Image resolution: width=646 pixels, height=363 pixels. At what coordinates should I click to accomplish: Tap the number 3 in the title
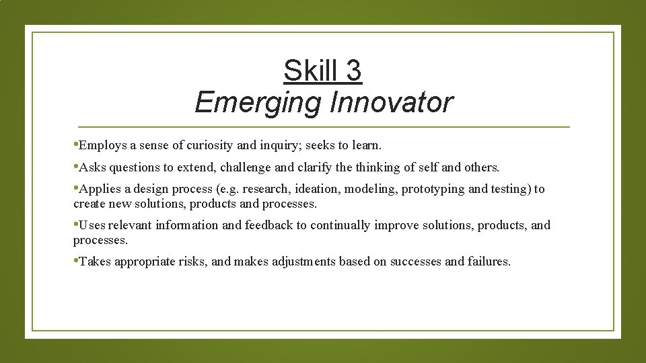click(x=353, y=71)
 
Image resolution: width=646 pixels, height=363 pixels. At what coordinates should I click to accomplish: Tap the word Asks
click(x=92, y=167)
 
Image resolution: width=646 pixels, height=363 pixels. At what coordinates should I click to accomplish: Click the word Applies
click(x=100, y=189)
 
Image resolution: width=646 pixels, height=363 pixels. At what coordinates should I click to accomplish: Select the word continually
click(x=340, y=225)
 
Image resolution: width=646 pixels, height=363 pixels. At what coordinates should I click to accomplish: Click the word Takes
click(x=96, y=261)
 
